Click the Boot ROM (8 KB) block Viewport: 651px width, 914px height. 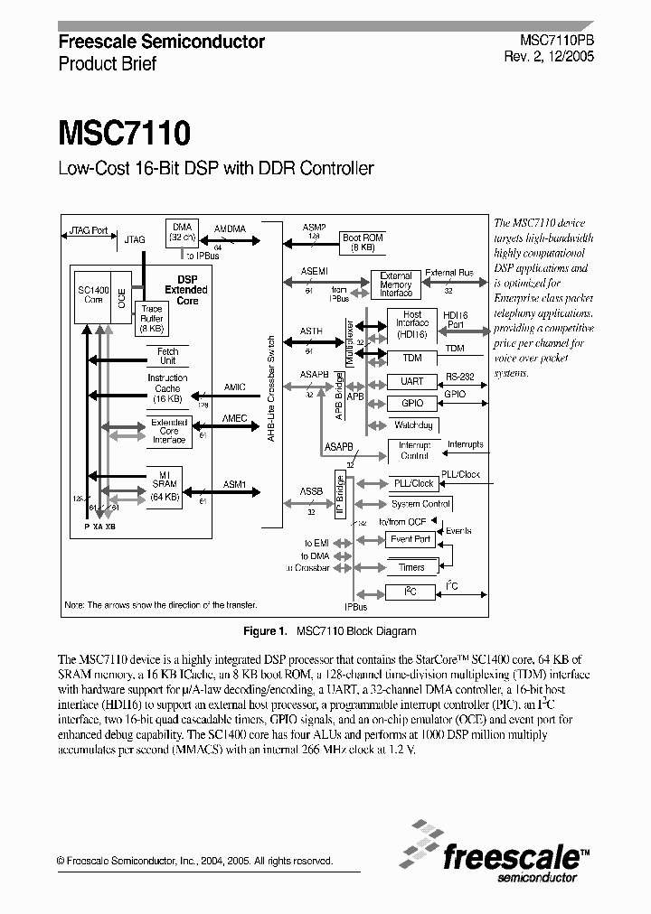tap(363, 243)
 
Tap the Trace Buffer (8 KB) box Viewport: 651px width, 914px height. tap(152, 320)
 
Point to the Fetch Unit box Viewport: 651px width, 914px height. tap(167, 356)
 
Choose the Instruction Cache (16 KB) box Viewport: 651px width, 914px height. tap(167, 388)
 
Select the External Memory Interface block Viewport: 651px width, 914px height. tap(395, 284)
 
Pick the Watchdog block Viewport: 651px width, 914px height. tap(412, 425)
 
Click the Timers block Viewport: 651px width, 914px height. tap(411, 567)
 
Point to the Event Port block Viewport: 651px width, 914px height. tap(410, 539)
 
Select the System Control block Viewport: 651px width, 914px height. tap(420, 504)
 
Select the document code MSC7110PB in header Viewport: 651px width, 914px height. tap(558, 42)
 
